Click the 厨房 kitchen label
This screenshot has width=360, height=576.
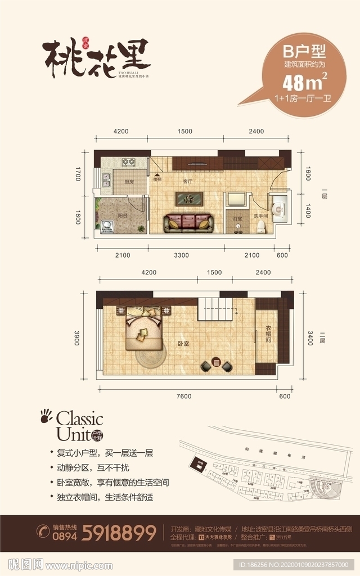(x=129, y=182)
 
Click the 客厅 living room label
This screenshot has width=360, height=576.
(x=187, y=182)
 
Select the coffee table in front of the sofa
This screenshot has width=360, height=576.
(x=190, y=198)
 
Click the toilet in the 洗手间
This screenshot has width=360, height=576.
(x=260, y=226)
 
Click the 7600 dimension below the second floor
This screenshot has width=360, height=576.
(x=183, y=396)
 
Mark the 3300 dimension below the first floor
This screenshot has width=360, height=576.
(x=181, y=255)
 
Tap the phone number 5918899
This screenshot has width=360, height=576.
(x=119, y=532)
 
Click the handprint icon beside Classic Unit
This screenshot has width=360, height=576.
(x=46, y=416)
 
